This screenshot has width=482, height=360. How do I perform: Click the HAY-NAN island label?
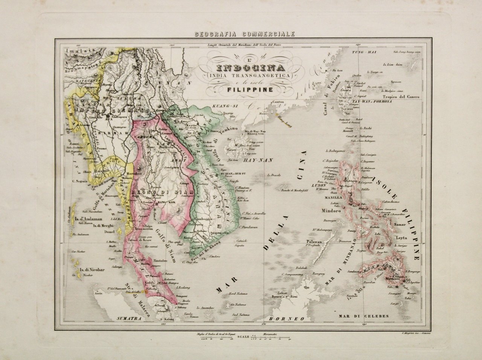pyautogui.click(x=259, y=160)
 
